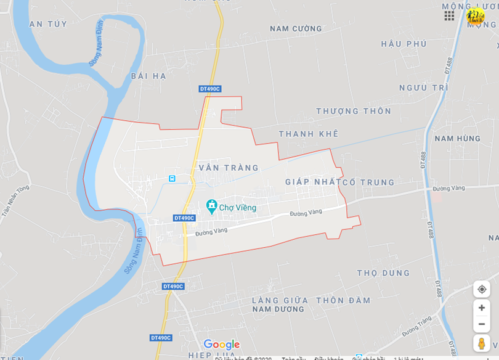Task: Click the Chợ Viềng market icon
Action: pos(212,205)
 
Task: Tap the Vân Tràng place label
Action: pos(229,168)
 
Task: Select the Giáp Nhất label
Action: pos(313,182)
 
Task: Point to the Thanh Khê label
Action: pos(308,134)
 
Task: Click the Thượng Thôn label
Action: pos(354,111)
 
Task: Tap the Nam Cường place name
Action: pos(296,28)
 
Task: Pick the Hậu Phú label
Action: pos(404,44)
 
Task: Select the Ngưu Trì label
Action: pos(423,88)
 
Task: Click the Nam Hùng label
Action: pos(457,138)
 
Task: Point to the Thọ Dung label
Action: pos(383,272)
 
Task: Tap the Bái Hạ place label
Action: pos(148,76)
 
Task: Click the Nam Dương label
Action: pos(278,309)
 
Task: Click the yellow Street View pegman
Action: pos(481,343)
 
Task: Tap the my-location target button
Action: pos(482,289)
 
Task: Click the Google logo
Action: pos(221,345)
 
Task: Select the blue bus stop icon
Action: pos(172,178)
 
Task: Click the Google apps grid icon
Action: pos(449,15)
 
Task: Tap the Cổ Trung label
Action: pos(368,182)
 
